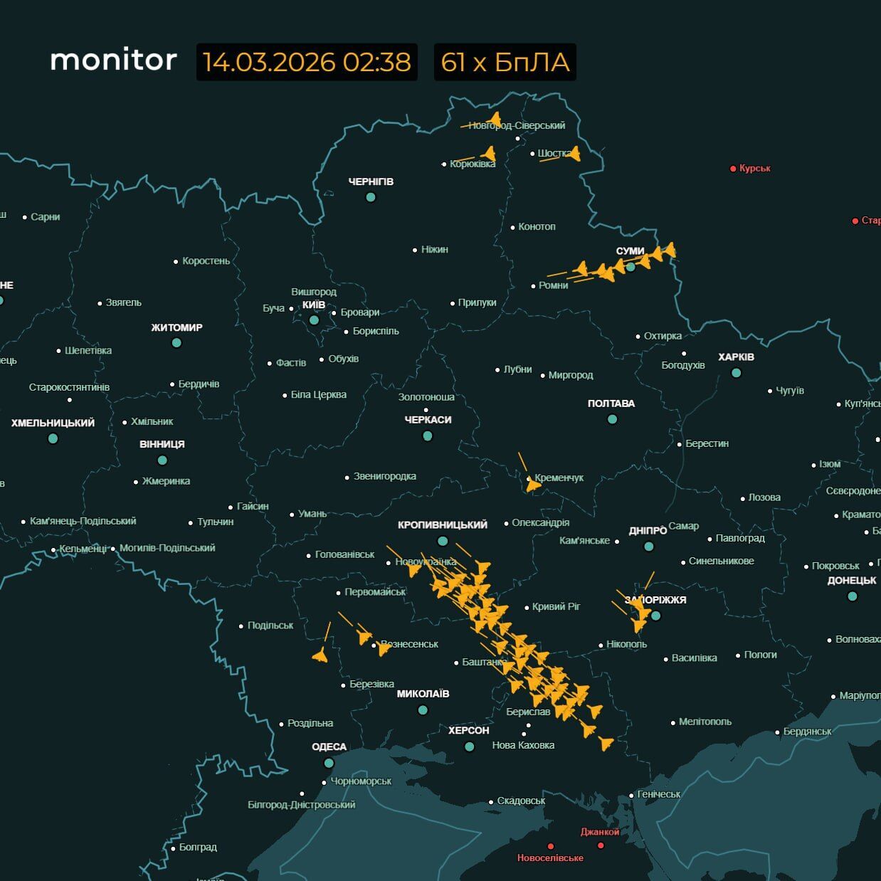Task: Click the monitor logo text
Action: [113, 60]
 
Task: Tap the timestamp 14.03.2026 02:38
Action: [307, 62]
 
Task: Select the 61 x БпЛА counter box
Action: [505, 62]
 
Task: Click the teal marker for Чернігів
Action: [370, 197]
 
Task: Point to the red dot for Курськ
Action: [733, 169]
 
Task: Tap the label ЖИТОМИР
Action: [176, 327]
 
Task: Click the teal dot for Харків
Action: [736, 372]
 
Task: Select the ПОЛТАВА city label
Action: [611, 403]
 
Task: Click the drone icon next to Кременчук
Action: [532, 485]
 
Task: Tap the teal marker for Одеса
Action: [329, 763]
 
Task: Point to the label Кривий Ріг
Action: [556, 606]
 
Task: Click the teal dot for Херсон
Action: [469, 747]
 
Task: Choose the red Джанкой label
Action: [599, 832]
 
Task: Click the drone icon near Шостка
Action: [574, 153]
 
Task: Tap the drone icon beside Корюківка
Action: [488, 153]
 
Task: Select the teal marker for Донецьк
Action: [853, 596]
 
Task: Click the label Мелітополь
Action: [705, 722]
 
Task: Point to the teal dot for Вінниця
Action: [162, 460]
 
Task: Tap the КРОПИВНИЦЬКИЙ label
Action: [442, 524]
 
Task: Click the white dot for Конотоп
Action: [512, 228]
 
